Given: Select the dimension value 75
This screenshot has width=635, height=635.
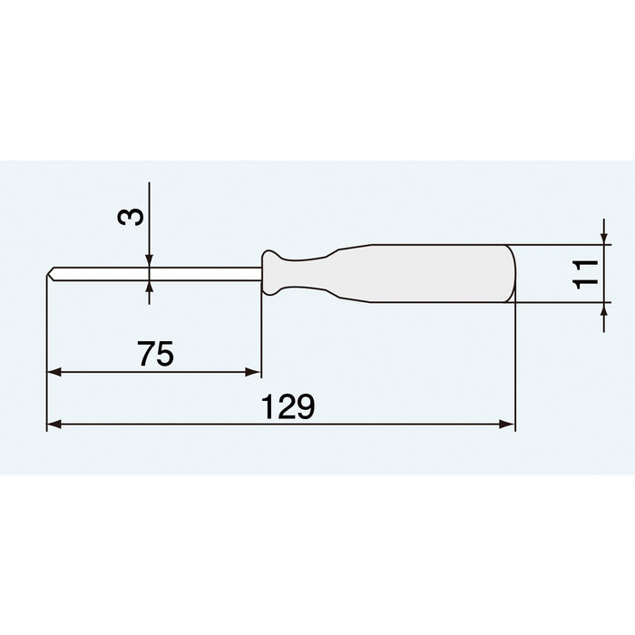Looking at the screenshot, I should click(156, 355).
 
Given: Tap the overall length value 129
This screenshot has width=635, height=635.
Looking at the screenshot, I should click(288, 407).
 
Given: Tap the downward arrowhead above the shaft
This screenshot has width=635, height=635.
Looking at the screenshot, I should click(150, 259).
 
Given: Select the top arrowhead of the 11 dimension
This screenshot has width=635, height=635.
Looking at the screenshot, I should click(604, 238).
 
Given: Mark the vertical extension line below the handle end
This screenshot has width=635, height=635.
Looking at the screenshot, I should click(514, 363).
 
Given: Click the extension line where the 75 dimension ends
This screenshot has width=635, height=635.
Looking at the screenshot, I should click(261, 336).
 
